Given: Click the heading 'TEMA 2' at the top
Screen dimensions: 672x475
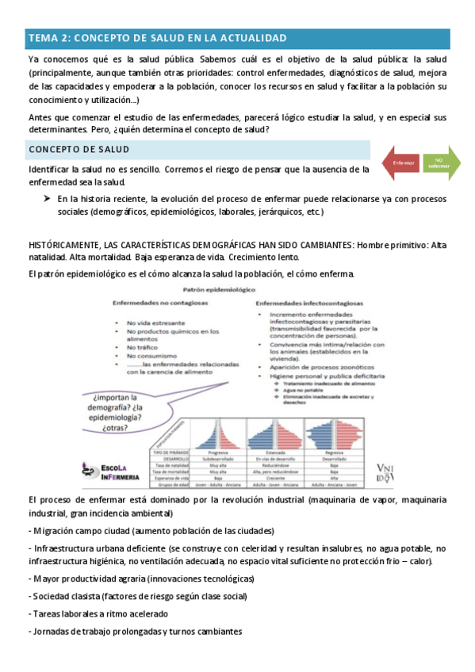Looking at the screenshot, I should tap(157, 38).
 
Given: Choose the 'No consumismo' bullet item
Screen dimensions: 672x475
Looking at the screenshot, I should tap(154, 356).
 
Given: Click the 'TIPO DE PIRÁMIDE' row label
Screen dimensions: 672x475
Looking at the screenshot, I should tap(170, 451).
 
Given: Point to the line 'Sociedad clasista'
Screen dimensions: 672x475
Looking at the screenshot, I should tap(137, 595).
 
